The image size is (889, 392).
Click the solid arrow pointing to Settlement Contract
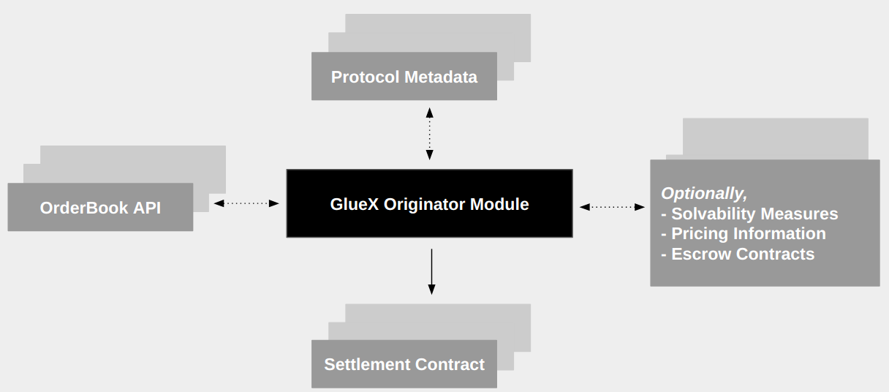(431, 272)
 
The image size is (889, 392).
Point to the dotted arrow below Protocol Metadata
(430, 133)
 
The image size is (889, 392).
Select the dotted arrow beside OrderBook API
(246, 203)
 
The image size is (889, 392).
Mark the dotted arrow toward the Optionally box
(613, 207)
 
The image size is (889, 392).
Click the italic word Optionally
(703, 194)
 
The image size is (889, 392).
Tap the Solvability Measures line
(749, 214)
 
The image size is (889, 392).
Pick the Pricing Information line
(744, 234)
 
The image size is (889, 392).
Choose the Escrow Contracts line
(738, 255)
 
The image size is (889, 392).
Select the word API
(147, 208)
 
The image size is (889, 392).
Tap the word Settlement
(367, 364)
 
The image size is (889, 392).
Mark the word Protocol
(366, 77)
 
